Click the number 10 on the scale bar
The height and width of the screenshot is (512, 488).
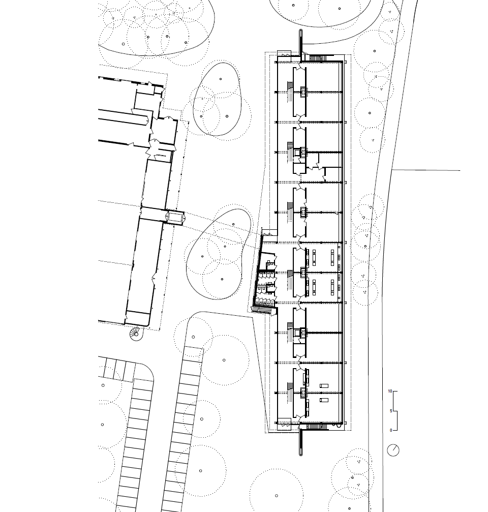coord(390,391)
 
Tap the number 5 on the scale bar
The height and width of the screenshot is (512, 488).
coord(391,411)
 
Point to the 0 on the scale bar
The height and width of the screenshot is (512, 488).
coord(391,430)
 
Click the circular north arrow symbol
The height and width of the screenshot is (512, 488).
coord(393,450)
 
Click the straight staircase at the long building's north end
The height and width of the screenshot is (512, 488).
coord(318,58)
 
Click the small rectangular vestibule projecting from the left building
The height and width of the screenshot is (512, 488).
coord(175,217)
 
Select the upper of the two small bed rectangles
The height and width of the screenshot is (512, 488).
coord(324,385)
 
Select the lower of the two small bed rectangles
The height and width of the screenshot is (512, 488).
coord(324,400)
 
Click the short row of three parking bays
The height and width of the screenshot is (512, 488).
coord(117,369)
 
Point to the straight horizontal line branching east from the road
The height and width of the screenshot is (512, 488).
coord(425,170)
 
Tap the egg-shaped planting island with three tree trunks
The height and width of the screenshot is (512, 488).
coord(217,99)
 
